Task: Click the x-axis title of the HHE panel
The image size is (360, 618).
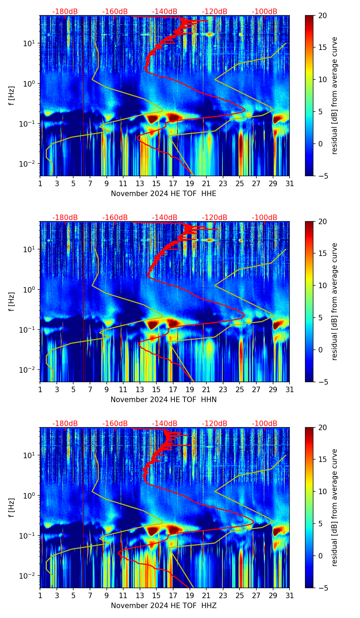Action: click(164, 194)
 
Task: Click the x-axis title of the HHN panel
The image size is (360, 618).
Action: click(164, 400)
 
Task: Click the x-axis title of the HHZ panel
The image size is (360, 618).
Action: click(164, 606)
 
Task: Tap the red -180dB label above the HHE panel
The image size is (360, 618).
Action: click(65, 12)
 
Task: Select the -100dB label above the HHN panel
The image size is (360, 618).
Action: click(265, 218)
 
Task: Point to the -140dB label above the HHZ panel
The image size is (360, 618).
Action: click(165, 424)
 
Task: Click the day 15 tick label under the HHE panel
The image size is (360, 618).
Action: click(156, 184)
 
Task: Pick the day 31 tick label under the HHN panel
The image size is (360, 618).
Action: click(290, 390)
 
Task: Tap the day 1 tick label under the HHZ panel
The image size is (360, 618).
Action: click(40, 596)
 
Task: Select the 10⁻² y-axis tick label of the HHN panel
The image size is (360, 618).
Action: click(29, 370)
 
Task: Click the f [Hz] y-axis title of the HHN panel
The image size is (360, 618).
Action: click(12, 301)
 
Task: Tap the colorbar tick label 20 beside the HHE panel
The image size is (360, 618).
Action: click(322, 16)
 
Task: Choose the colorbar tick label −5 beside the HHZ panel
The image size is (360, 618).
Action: click(322, 588)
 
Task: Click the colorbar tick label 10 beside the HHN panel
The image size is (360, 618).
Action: click(322, 285)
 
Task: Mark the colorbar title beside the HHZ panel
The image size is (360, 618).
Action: click(334, 507)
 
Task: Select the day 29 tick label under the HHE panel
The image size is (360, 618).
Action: click(273, 184)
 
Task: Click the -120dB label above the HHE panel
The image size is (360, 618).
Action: click(215, 12)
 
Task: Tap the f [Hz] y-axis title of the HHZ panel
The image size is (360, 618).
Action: click(12, 507)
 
